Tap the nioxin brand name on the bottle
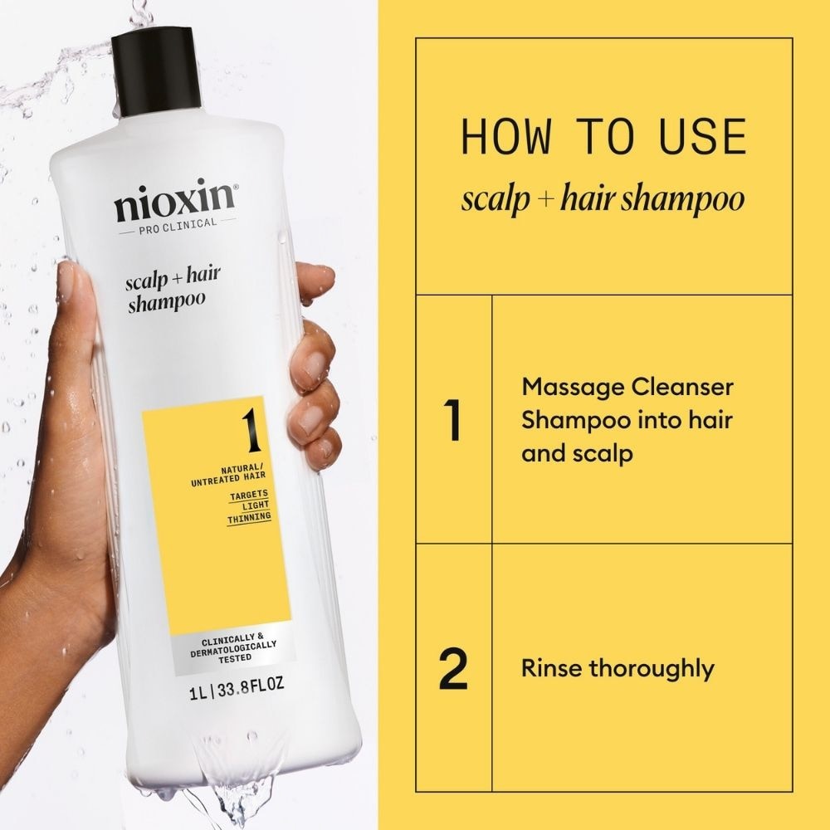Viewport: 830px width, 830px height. tap(176, 204)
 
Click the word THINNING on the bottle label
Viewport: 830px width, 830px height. tap(249, 517)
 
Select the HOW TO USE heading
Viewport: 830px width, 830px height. tap(603, 137)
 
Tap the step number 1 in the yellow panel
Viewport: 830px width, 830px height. tap(452, 421)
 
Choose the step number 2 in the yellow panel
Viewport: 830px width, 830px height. tap(452, 671)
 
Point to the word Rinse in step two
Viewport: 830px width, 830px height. tap(551, 668)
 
